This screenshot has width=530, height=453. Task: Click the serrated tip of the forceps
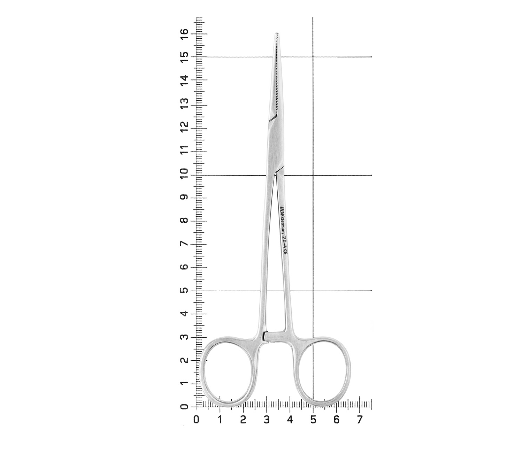pyautogui.click(x=277, y=34)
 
